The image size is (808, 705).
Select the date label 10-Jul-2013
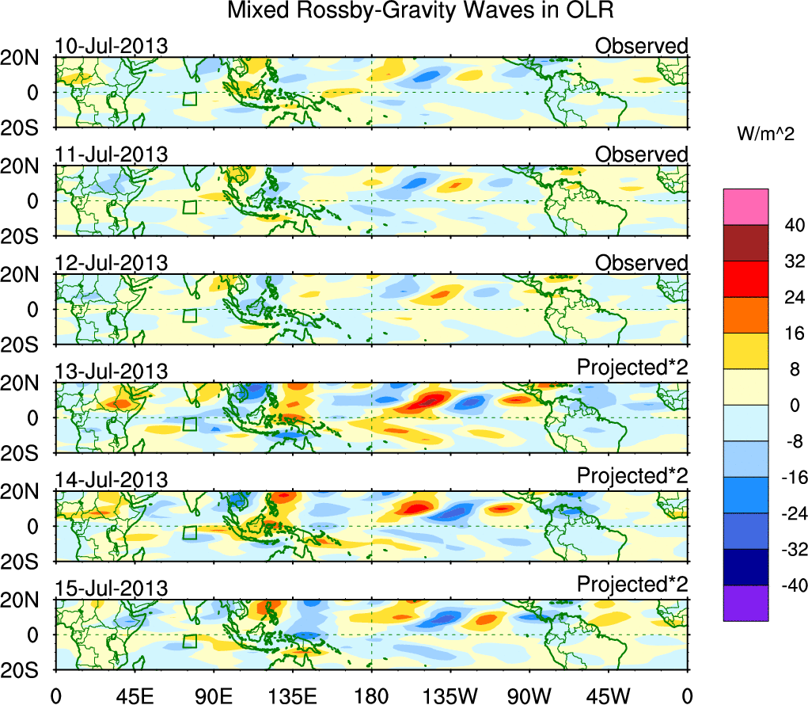click(112, 46)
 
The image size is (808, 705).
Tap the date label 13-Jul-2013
click(112, 372)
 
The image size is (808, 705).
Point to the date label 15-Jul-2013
click(112, 589)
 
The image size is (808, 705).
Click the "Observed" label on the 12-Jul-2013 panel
click(642, 263)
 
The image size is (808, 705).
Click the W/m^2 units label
click(765, 135)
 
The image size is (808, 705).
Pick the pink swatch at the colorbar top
click(745, 207)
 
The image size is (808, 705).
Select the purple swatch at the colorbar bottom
click(745, 603)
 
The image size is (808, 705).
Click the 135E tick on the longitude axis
click(292, 695)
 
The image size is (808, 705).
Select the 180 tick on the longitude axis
click(371, 695)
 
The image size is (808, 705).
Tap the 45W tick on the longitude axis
click(609, 695)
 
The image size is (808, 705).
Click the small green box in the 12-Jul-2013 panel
click(189, 315)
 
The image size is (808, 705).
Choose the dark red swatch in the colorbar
click(745, 243)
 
